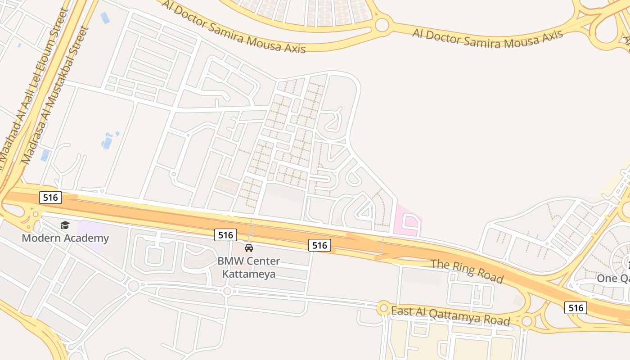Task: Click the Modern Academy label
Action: pos(65,238)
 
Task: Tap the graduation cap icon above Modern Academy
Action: pos(65,225)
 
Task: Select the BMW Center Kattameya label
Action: pos(248,267)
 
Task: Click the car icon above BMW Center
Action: pos(249,247)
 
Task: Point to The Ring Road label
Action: pos(467,271)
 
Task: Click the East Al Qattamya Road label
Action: pos(450,315)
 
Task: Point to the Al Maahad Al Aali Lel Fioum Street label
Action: pos(34,90)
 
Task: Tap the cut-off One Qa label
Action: pos(613,279)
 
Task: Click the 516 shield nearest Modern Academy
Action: pos(50,197)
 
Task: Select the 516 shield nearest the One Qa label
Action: pos(576,308)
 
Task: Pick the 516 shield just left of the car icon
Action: pos(225,234)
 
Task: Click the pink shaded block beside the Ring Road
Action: pos(408,220)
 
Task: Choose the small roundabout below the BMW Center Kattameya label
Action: pos(227,291)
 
